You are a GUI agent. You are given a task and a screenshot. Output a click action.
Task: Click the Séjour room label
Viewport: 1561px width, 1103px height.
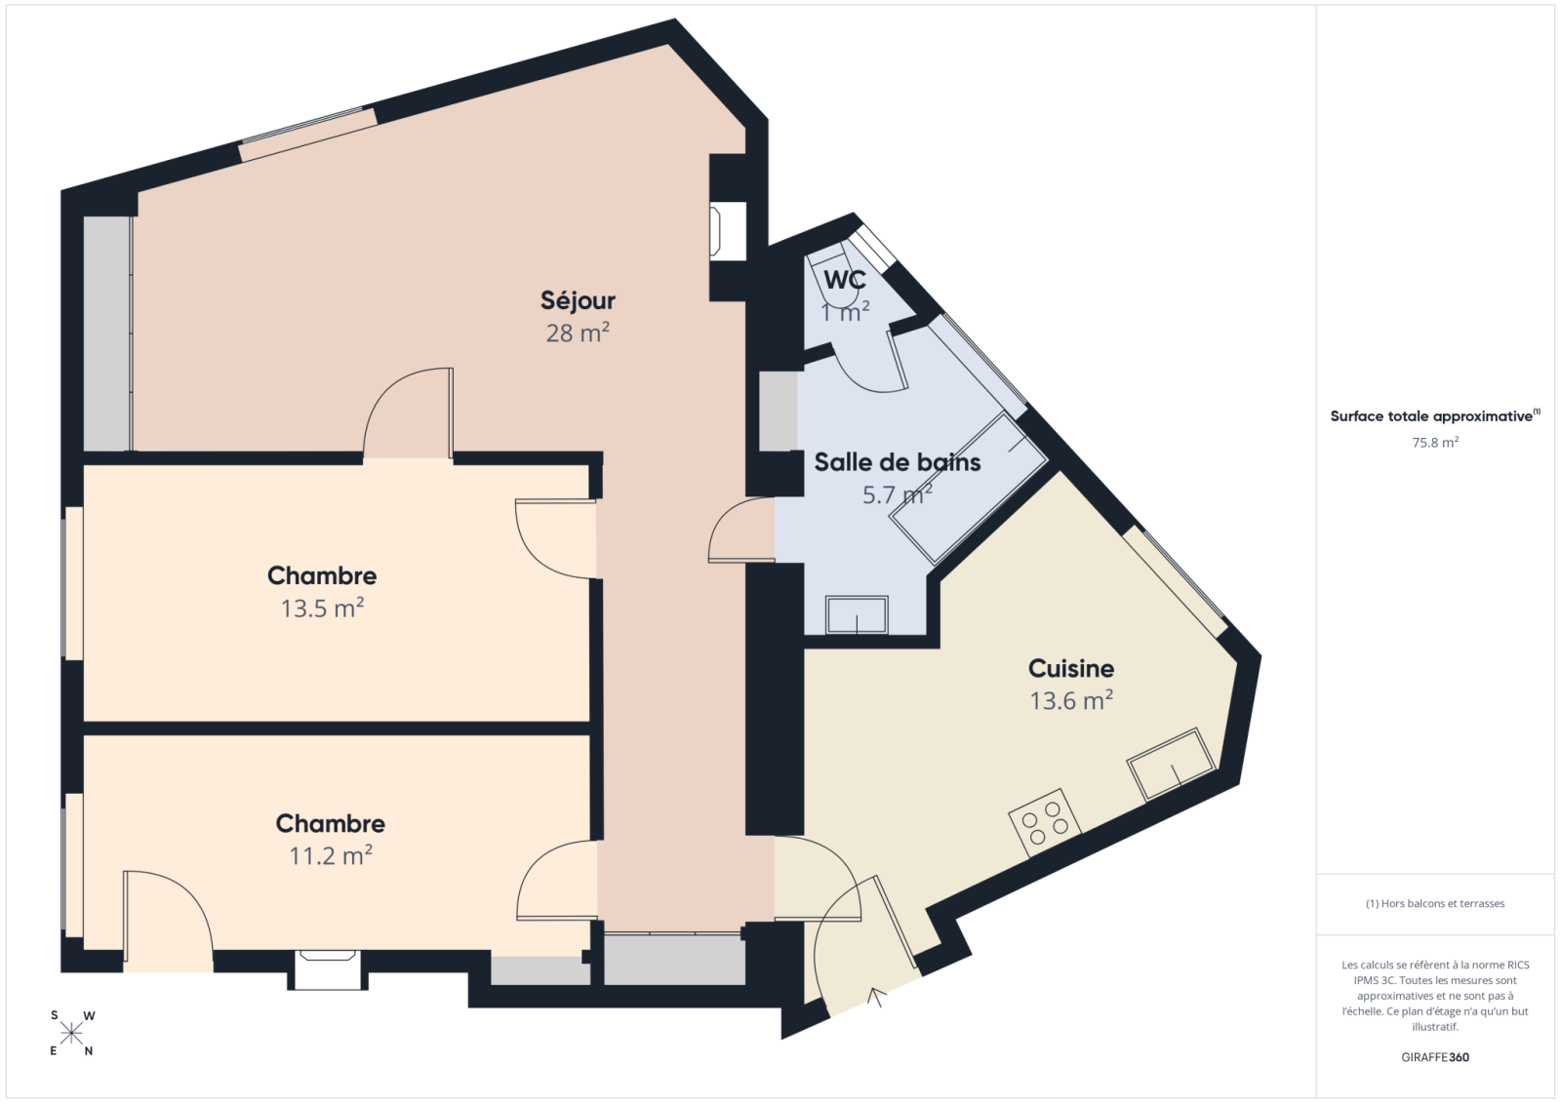(x=578, y=301)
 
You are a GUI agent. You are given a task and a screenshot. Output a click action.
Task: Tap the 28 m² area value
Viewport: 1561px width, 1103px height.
(x=578, y=334)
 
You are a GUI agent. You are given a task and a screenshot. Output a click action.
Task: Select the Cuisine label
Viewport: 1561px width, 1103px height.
(x=1071, y=668)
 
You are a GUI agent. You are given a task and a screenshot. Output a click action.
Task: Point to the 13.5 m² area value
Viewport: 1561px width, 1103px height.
(x=322, y=609)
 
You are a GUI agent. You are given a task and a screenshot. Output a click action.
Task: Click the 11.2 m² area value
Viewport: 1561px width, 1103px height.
(x=331, y=855)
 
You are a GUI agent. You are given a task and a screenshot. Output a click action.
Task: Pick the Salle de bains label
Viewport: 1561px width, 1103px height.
(x=898, y=462)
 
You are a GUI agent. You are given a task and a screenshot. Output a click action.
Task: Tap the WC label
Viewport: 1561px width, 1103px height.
(x=845, y=280)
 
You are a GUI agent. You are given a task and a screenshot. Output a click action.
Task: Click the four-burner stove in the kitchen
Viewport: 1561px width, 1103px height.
(x=1045, y=823)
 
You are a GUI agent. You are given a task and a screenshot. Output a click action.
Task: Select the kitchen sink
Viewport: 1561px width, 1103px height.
(x=1172, y=765)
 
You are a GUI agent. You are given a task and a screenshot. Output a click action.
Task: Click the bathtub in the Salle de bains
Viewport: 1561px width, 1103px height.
(x=968, y=488)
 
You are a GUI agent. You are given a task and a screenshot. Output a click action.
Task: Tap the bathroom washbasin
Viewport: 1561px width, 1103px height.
(x=857, y=614)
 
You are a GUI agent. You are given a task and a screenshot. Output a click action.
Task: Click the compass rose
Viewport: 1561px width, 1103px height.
(x=71, y=1034)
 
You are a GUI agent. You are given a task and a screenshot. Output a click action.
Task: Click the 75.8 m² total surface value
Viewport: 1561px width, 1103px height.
(x=1435, y=443)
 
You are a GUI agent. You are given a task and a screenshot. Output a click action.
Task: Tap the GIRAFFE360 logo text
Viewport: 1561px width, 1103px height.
(x=1435, y=1057)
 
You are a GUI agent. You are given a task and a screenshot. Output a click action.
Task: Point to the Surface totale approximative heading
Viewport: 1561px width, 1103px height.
(x=1435, y=416)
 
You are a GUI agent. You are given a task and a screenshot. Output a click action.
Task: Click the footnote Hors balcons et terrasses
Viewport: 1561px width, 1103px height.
(x=1435, y=903)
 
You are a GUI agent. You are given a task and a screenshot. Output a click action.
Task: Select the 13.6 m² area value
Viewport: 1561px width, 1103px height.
(x=1071, y=700)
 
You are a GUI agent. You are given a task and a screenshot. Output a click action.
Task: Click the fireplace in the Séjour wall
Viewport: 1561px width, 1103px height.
(x=728, y=230)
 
